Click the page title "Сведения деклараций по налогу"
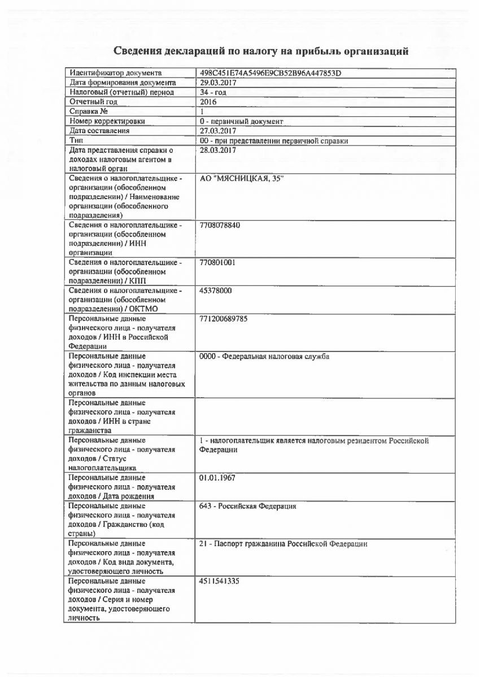(x=261, y=52)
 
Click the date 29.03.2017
(x=218, y=83)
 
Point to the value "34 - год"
(x=214, y=93)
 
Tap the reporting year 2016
(x=208, y=102)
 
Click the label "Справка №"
(x=89, y=112)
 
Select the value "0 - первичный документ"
(x=242, y=121)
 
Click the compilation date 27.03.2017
(x=218, y=131)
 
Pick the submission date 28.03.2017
(x=218, y=151)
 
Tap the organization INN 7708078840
(x=220, y=225)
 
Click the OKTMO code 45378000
(x=216, y=291)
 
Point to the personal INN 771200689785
(x=224, y=319)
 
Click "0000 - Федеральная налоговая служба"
(x=264, y=357)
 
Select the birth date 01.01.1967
(x=218, y=478)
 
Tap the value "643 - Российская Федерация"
(x=248, y=506)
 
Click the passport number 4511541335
(x=220, y=581)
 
